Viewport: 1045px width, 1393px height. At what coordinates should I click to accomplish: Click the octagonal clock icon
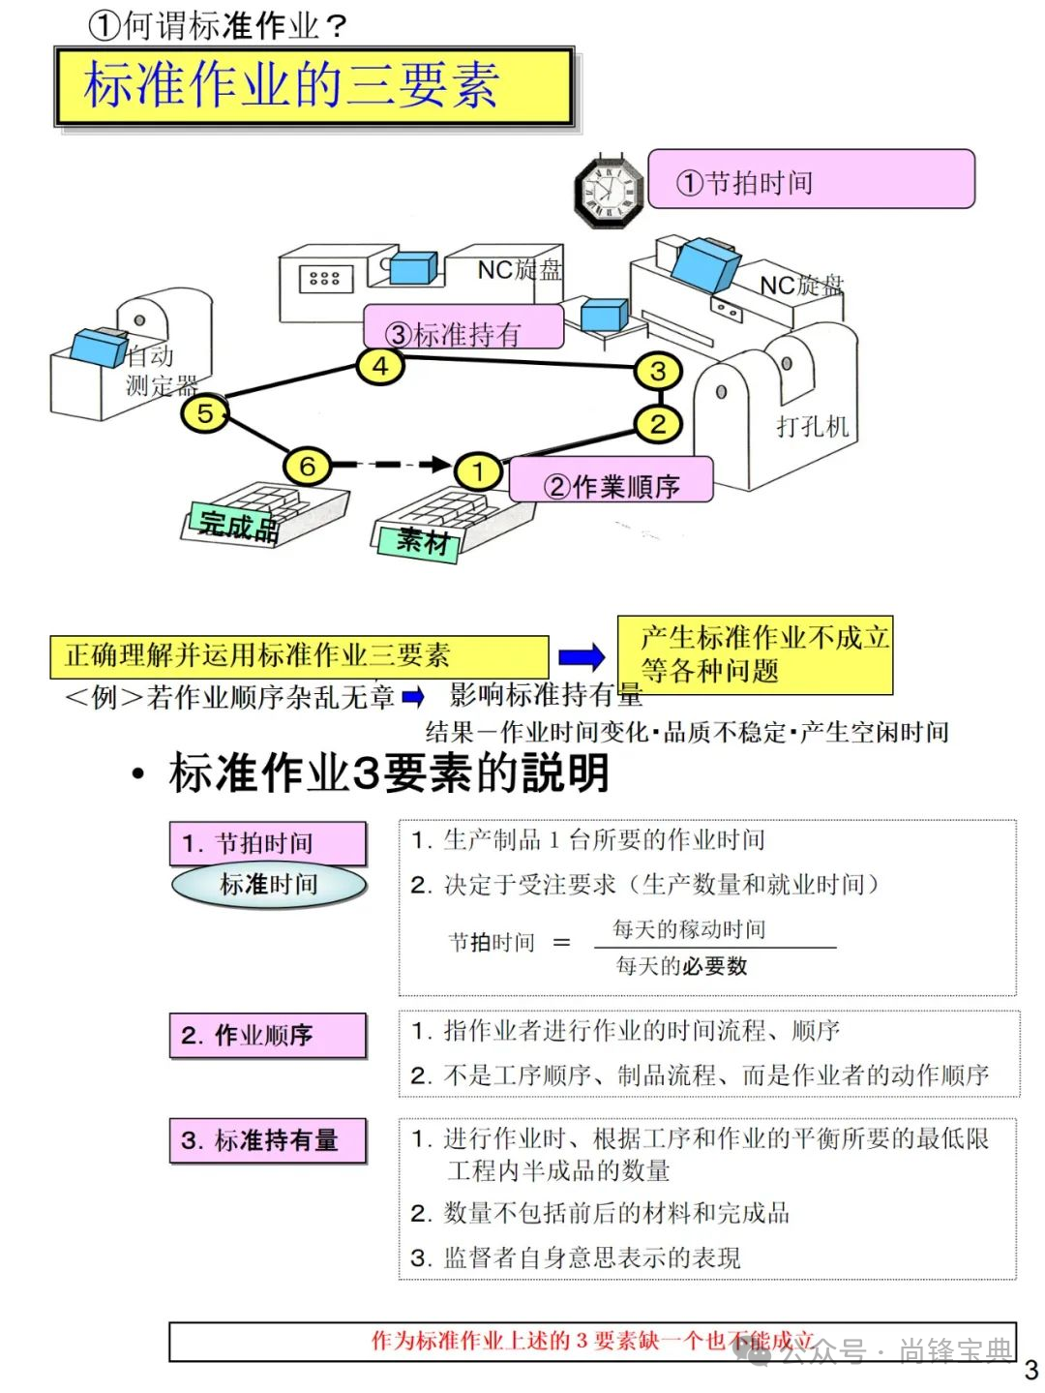(x=610, y=191)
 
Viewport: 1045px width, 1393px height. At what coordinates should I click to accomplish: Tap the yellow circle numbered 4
(x=380, y=367)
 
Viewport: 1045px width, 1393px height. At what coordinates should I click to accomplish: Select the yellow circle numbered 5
(x=205, y=413)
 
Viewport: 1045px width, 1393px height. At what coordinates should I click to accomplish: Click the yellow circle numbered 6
(x=307, y=467)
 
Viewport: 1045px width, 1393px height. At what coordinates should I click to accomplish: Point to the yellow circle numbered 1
(x=478, y=471)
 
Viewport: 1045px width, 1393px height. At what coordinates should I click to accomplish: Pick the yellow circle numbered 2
(x=658, y=423)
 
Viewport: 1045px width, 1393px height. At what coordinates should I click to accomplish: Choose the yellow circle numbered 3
(x=658, y=371)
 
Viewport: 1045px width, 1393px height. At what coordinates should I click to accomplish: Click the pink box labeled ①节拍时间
(x=811, y=179)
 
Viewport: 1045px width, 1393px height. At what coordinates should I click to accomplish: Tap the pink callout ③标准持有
(x=463, y=328)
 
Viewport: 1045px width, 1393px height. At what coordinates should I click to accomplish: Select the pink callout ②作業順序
(x=612, y=480)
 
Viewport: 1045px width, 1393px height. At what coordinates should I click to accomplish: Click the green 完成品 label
(x=237, y=525)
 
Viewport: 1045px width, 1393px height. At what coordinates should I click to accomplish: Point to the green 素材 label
(x=423, y=540)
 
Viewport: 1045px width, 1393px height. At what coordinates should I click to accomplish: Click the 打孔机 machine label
(x=812, y=427)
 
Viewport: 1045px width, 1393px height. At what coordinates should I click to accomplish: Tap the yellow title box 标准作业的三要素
(x=314, y=86)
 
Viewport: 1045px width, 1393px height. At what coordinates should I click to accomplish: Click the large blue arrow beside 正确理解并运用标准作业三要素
(x=582, y=658)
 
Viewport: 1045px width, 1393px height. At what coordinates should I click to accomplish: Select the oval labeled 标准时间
(x=269, y=885)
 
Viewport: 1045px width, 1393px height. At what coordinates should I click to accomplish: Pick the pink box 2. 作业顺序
(x=268, y=1036)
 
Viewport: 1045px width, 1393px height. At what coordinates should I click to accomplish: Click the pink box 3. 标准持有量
(x=268, y=1140)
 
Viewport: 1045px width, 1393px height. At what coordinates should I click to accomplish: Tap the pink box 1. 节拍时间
(x=268, y=843)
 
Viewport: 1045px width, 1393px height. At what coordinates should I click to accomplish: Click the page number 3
(x=1030, y=1370)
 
